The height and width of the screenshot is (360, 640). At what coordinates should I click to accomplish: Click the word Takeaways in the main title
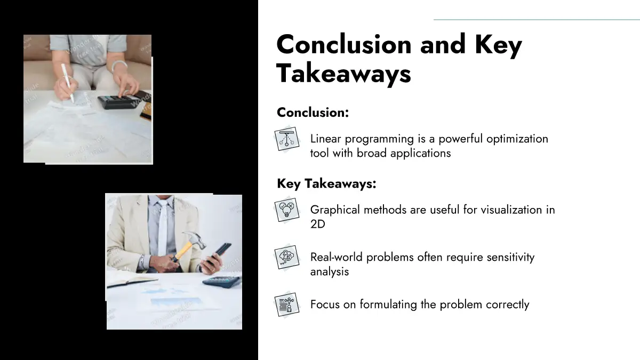[343, 74]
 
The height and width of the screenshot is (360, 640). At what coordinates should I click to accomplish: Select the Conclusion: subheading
[313, 113]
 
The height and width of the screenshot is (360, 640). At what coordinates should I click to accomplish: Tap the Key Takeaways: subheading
[326, 183]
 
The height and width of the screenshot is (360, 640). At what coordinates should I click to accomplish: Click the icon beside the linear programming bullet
[287, 139]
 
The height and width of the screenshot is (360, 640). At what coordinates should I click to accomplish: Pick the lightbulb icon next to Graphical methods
[287, 210]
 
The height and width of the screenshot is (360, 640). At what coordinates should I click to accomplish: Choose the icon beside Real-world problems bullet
[287, 257]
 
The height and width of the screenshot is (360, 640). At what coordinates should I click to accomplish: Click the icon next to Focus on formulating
[287, 305]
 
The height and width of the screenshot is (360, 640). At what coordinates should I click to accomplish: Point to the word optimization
[517, 139]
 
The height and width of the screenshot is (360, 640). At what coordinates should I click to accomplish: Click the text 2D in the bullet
[318, 224]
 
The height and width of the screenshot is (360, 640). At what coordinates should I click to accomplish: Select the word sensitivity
[510, 258]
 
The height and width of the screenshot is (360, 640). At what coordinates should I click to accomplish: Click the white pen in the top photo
[67, 83]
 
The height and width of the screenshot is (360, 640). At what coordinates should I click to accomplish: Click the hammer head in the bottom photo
[196, 239]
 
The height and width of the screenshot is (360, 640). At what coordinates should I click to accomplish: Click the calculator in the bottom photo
[222, 282]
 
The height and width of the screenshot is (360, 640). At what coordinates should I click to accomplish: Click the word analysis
[330, 271]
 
